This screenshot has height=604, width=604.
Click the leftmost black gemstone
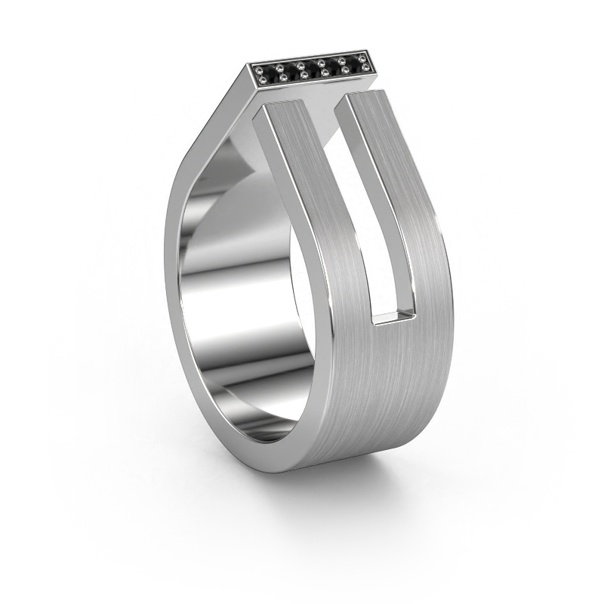click(271, 74)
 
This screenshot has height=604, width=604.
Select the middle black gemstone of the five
click(313, 69)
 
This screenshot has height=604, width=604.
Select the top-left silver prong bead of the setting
click(259, 70)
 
